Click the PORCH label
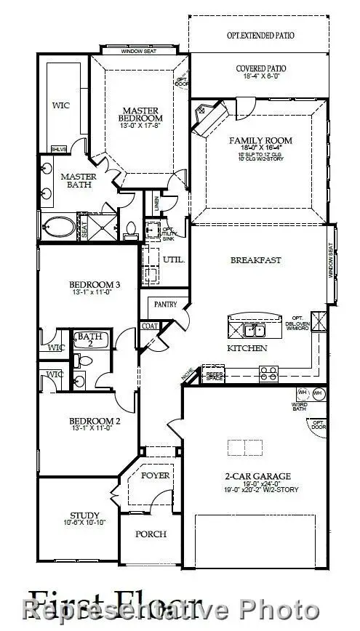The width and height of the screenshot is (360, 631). point(151,534)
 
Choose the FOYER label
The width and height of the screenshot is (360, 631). point(155,475)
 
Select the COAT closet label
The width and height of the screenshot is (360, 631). point(151,326)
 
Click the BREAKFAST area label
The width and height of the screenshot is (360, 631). point(255,260)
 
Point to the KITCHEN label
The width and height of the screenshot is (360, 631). point(247,348)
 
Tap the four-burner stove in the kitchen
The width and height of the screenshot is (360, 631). point(268,374)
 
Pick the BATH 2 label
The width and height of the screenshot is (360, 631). point(91,340)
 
